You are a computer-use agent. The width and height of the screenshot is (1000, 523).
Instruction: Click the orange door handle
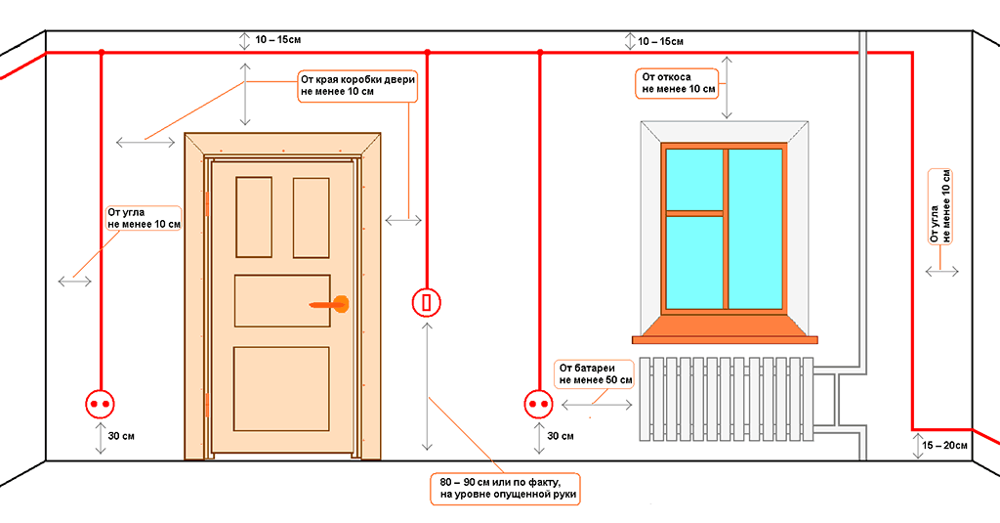coord(330,305)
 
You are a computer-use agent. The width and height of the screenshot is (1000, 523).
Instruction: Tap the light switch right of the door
coord(427,302)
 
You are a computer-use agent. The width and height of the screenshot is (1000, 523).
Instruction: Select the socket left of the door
coord(101,404)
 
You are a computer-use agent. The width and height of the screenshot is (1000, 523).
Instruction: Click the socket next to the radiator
coord(539,404)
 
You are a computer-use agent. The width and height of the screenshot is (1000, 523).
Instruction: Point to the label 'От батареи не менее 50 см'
coord(595,373)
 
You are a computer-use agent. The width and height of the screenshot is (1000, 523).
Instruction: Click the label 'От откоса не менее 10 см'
coord(678,83)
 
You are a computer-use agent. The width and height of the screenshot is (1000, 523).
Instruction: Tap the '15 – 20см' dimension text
coord(944,445)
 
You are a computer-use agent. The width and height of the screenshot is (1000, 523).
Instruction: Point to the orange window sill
coord(725,329)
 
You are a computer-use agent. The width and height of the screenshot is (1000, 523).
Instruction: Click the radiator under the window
coord(727,399)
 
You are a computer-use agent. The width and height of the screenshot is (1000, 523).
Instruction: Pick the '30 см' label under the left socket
coord(121,436)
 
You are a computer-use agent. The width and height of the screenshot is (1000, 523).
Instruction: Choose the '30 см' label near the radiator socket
coord(560,436)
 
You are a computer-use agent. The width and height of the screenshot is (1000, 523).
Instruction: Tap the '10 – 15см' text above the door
coord(278,40)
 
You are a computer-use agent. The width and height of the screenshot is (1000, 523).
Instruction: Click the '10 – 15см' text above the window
coord(661,41)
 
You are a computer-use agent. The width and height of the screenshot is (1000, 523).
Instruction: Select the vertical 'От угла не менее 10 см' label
coord(940,206)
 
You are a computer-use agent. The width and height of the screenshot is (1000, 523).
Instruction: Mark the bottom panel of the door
coord(281,389)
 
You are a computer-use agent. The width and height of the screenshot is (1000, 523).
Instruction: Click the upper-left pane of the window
coord(694,180)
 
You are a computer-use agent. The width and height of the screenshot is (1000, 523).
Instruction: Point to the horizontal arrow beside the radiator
coord(597,405)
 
